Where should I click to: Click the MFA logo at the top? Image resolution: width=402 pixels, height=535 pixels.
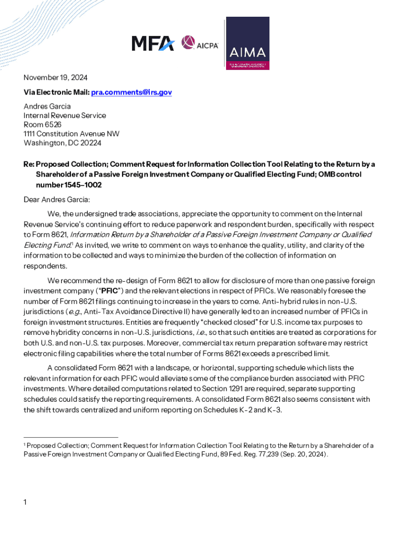(x=152, y=43)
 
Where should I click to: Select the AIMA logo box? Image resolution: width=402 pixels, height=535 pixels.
(x=247, y=43)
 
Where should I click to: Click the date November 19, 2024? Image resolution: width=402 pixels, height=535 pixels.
(x=55, y=78)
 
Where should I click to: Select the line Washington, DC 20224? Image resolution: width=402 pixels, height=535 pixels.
(x=63, y=143)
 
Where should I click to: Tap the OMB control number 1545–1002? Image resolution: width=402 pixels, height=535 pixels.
(x=68, y=185)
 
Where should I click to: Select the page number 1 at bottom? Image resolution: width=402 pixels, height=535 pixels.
(x=25, y=503)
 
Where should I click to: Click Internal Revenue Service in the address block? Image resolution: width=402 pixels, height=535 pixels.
(x=65, y=115)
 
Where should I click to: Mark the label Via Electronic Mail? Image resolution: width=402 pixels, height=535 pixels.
(x=56, y=92)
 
